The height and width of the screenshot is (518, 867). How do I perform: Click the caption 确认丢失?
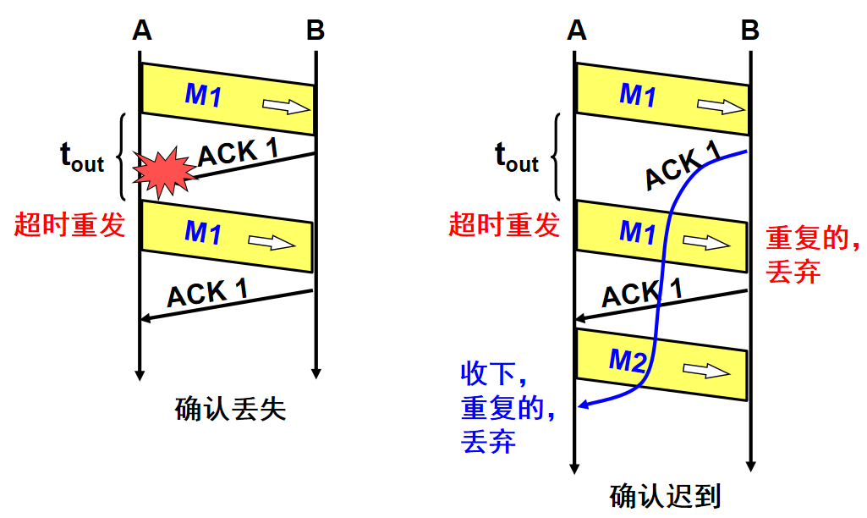coord(230,410)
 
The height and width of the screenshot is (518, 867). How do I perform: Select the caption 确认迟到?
coord(665,496)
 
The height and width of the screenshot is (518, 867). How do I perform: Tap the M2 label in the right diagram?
coord(628,361)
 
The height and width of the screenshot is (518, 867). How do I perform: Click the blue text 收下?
coord(493,373)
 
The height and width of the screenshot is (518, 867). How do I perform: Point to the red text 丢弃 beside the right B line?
coord(793,271)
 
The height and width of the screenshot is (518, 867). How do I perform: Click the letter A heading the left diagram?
coord(141,30)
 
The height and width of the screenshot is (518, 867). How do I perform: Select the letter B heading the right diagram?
coord(749,30)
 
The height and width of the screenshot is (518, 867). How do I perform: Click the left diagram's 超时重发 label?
coord(69,224)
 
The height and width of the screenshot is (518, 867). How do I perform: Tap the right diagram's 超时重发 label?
coord(504,224)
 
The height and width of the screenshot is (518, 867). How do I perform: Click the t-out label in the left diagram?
coord(82,157)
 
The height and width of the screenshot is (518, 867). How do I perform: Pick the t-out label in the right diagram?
coord(517,157)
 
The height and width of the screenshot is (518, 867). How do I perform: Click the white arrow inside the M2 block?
coord(706,370)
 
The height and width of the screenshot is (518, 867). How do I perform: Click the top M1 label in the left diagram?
coord(203,95)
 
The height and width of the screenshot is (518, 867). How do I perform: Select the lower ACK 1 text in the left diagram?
coord(207,294)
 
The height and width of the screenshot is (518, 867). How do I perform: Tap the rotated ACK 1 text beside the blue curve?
coord(683,165)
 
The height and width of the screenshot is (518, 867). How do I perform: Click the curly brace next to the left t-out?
coord(121,157)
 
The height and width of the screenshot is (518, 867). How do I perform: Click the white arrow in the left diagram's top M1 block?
coord(286,107)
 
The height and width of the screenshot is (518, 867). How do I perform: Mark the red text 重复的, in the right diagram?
coord(813,238)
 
